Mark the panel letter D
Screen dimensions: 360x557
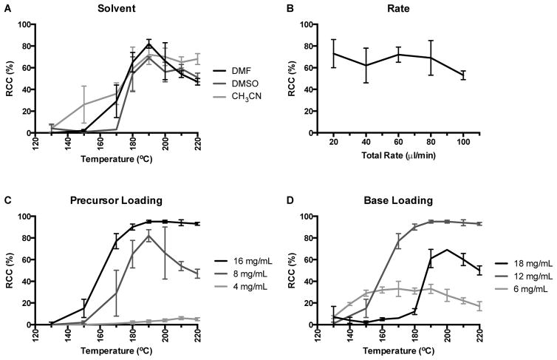(300, 199)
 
